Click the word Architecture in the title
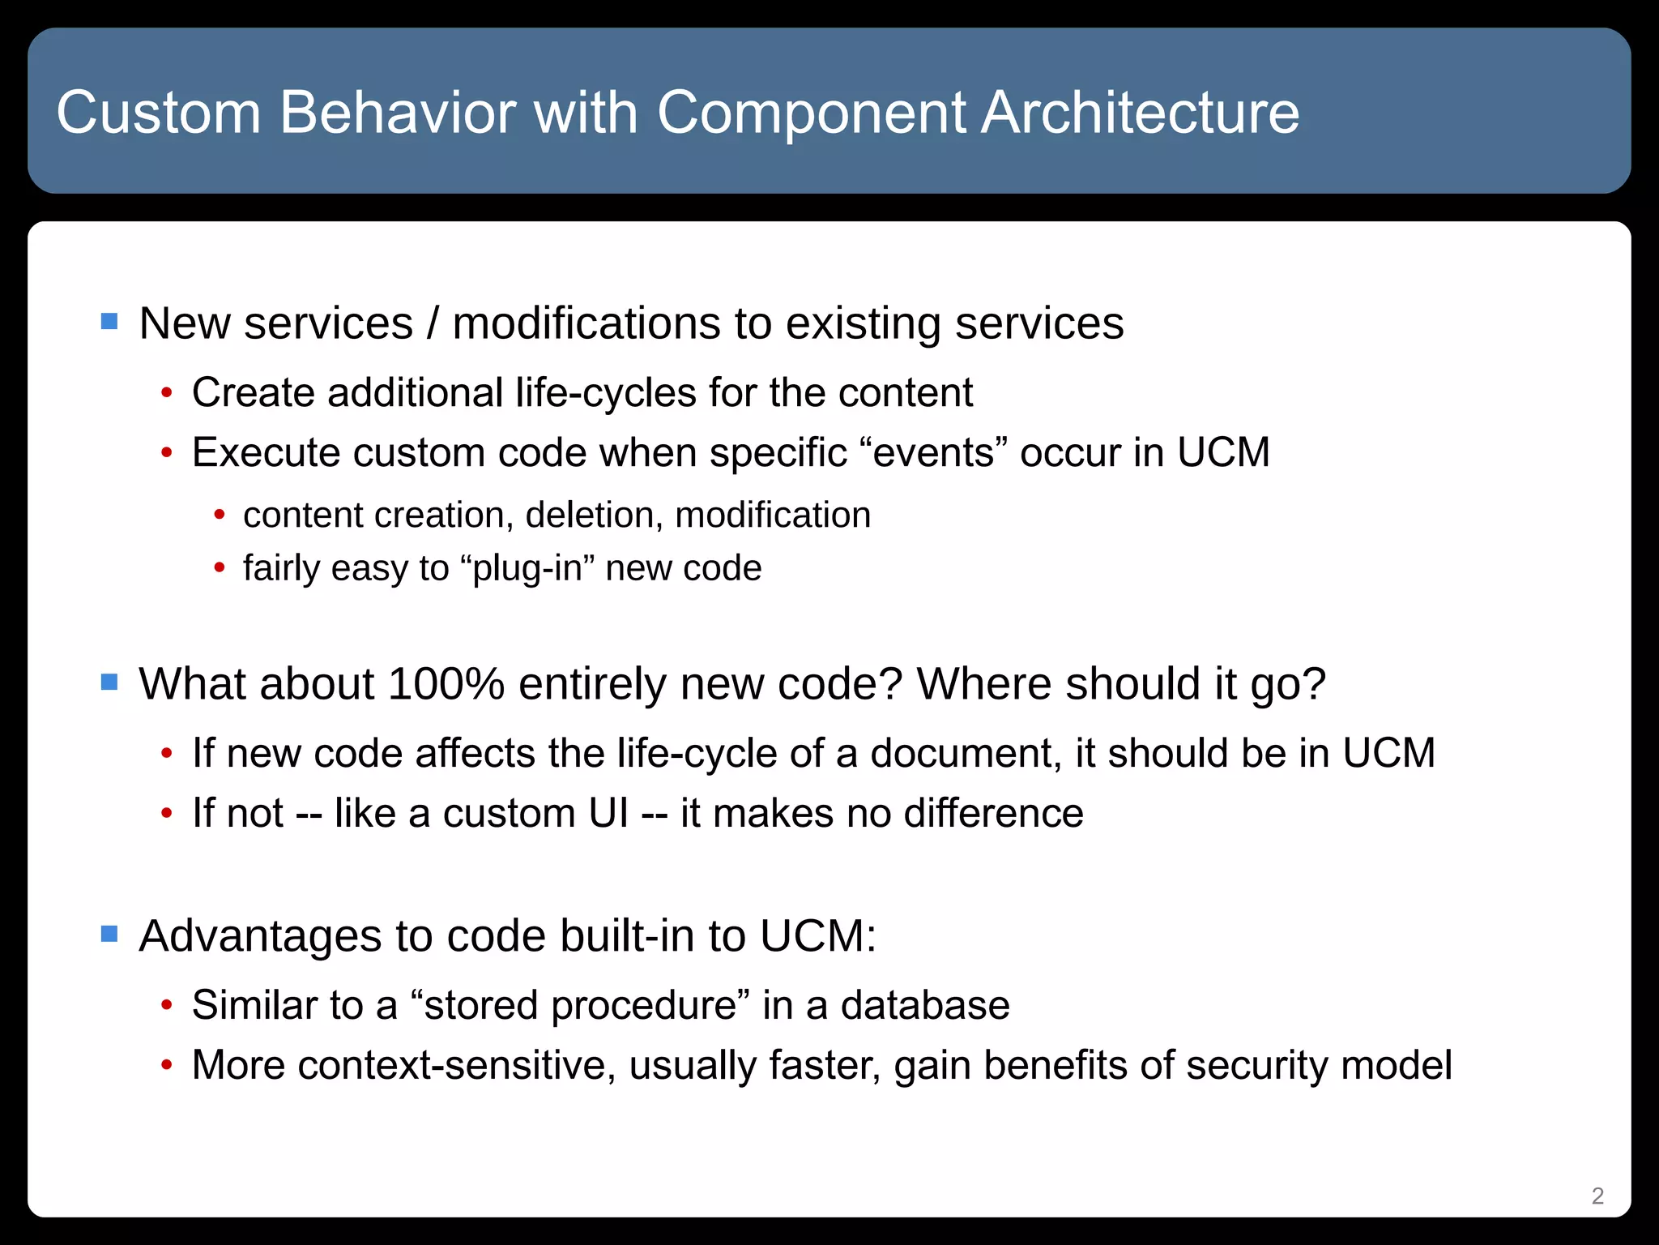(1140, 112)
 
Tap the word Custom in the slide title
(159, 112)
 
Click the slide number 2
(1597, 1196)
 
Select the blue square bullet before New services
(109, 322)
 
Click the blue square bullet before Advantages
(109, 935)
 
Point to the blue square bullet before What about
(109, 682)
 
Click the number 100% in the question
(446, 683)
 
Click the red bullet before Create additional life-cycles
(167, 394)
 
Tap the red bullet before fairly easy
(219, 568)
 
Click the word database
(925, 1005)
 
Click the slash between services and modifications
(433, 323)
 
